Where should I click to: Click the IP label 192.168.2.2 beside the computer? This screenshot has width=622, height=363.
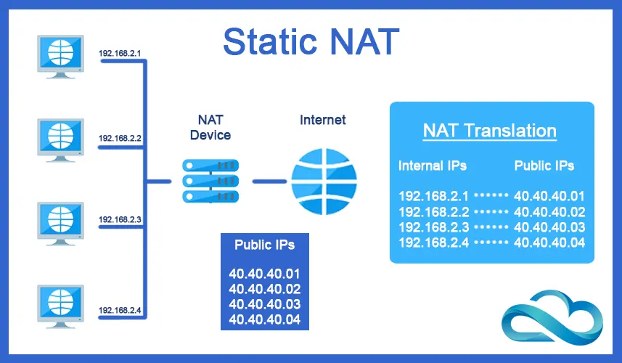(119, 137)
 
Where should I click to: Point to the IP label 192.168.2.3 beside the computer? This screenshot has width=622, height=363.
(119, 219)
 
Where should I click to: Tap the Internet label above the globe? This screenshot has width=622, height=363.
(323, 120)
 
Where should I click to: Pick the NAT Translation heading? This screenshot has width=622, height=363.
(490, 131)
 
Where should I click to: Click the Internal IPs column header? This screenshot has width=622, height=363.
(433, 166)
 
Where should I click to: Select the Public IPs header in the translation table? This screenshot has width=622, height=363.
(544, 166)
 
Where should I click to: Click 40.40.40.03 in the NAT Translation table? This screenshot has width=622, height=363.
(549, 227)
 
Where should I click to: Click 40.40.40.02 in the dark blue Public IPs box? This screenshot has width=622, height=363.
(264, 290)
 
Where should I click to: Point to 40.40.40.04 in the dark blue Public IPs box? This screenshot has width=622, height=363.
(264, 319)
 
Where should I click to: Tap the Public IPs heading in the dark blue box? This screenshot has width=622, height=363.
(264, 245)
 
